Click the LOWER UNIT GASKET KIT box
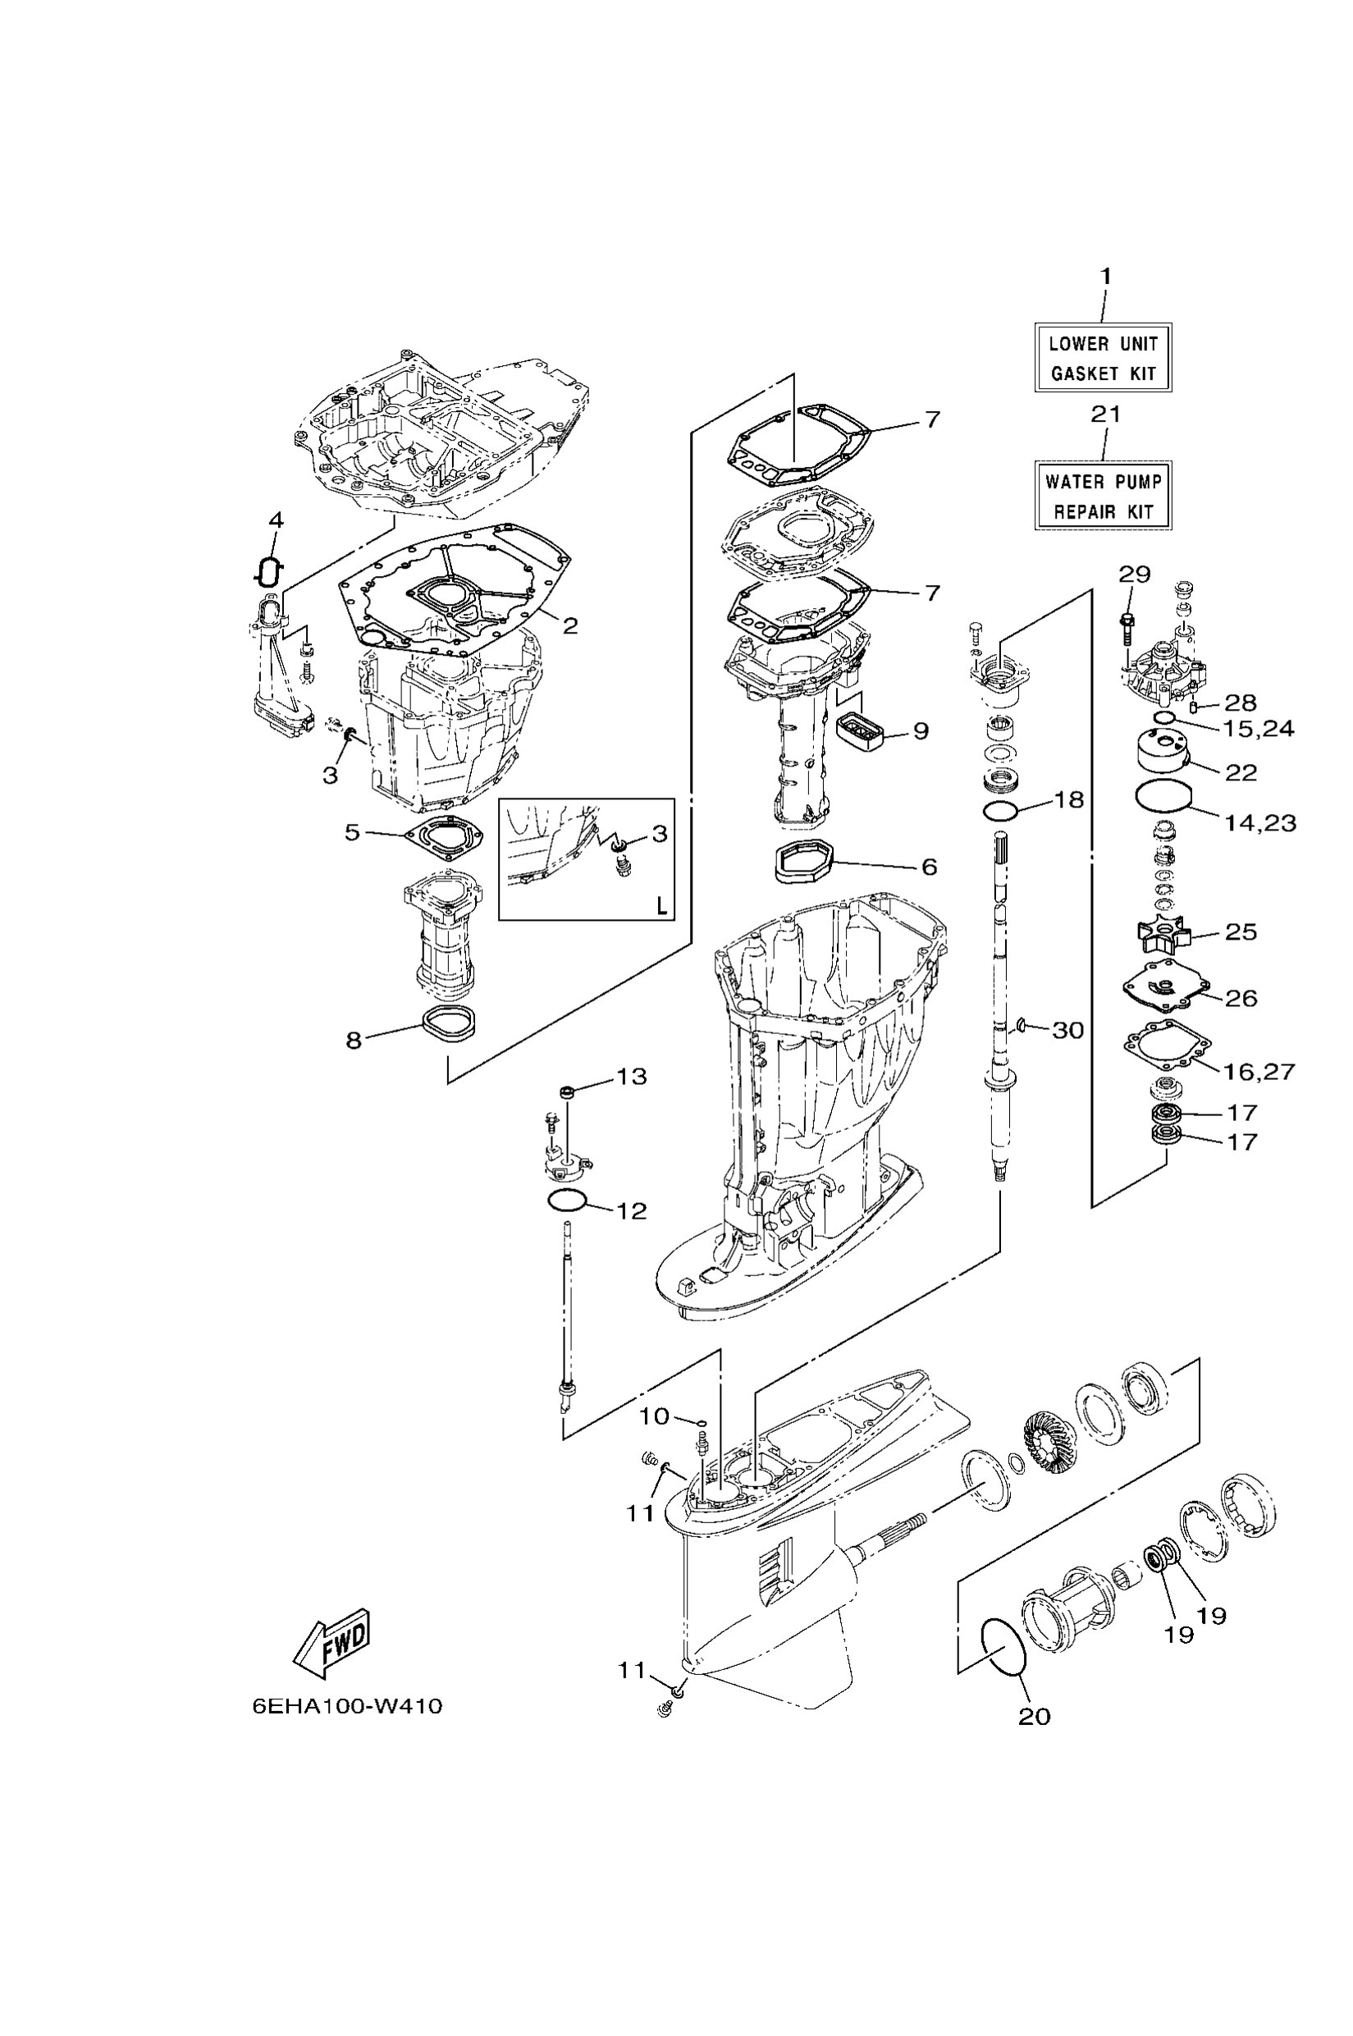point(1103,358)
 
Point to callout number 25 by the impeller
point(1241,932)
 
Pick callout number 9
point(921,731)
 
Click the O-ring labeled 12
point(567,1200)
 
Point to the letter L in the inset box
point(661,905)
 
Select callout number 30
point(1068,1030)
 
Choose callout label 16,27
point(1259,1071)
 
